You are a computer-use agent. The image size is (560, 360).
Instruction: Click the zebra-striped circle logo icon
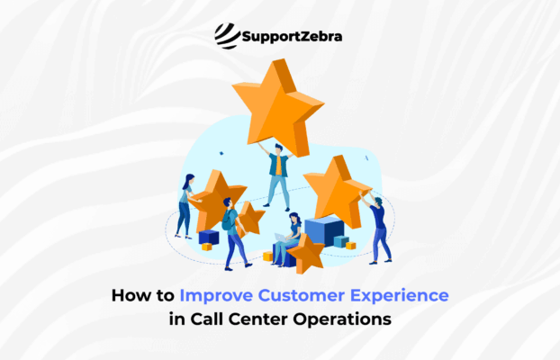[227, 36]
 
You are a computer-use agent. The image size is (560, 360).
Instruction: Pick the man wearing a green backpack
[232, 235]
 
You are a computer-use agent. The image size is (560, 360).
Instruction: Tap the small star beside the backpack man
[251, 219]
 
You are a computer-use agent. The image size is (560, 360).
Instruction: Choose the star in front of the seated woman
[307, 253]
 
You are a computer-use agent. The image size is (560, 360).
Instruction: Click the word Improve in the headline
[212, 294]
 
